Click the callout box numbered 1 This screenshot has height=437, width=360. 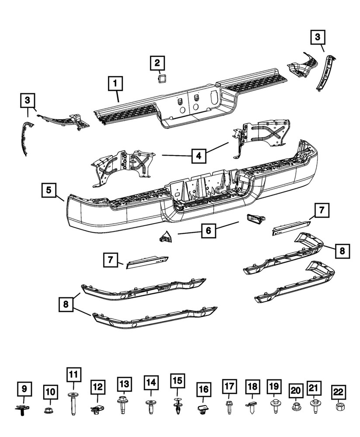coord(116,83)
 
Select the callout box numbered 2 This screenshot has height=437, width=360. coord(157,64)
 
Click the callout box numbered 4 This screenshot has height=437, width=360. coord(198,155)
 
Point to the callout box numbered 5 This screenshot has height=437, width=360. coord(49,191)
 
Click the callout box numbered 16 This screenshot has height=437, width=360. coord(204,389)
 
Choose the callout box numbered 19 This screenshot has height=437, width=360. coord(273,386)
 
